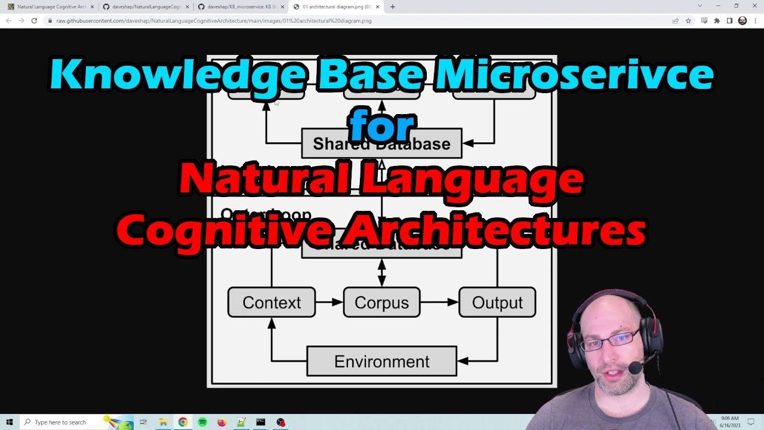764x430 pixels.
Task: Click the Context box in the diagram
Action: click(x=272, y=302)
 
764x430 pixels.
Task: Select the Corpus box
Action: click(x=381, y=302)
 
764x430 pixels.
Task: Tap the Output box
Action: click(x=497, y=302)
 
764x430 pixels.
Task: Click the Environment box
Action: click(x=381, y=361)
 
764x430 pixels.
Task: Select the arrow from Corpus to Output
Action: click(x=439, y=302)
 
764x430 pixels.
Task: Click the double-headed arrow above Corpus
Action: click(x=382, y=272)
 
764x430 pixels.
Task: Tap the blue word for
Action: click(x=382, y=125)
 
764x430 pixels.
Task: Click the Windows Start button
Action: click(x=10, y=422)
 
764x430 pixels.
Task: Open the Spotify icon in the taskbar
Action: click(x=202, y=422)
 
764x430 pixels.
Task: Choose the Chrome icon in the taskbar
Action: click(x=183, y=422)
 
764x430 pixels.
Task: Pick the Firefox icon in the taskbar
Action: click(x=221, y=422)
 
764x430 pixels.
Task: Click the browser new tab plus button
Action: click(x=392, y=7)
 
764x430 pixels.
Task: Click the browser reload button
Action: click(x=34, y=20)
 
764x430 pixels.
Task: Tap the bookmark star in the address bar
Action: click(x=688, y=20)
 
